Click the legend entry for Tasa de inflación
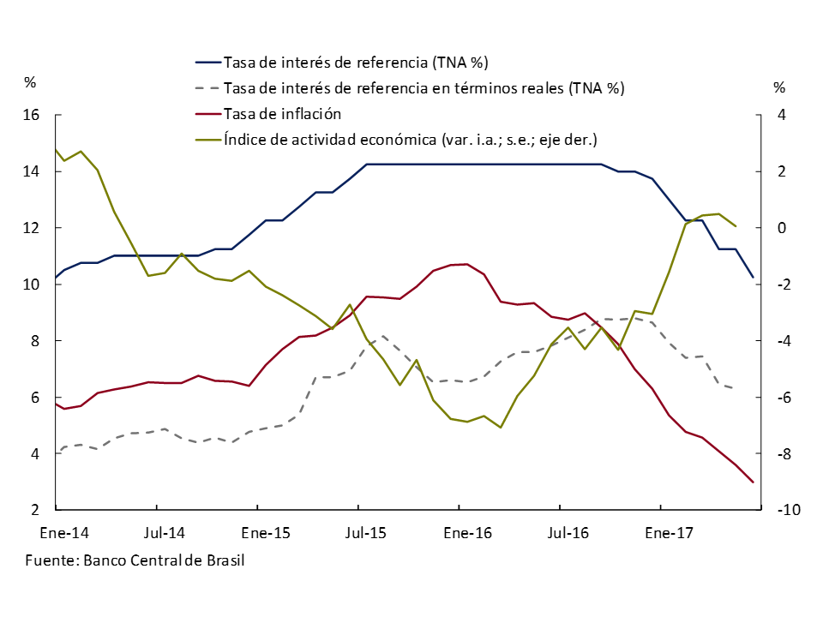(x=282, y=113)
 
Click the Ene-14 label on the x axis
(x=65, y=533)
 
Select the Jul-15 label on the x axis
(x=366, y=533)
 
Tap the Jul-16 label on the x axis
(x=568, y=533)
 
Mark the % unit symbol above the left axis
(x=30, y=83)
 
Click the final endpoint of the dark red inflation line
(x=753, y=482)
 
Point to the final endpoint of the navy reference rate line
(x=753, y=277)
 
